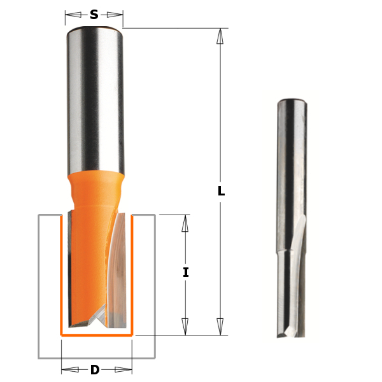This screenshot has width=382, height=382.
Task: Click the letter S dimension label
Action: (94, 14)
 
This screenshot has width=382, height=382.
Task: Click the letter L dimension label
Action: (221, 190)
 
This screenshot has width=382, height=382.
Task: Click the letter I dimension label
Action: (185, 272)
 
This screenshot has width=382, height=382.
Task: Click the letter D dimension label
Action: (95, 369)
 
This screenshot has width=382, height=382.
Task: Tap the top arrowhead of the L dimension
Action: (220, 36)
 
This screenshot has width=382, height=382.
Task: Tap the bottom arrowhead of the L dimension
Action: (220, 327)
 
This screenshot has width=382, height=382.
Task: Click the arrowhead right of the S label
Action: (115, 14)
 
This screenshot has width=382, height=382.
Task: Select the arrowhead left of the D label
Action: (69, 369)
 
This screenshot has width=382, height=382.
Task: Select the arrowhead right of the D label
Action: (123, 369)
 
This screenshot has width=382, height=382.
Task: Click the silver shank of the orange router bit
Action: (94, 95)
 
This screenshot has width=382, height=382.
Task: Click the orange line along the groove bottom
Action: (95, 334)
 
